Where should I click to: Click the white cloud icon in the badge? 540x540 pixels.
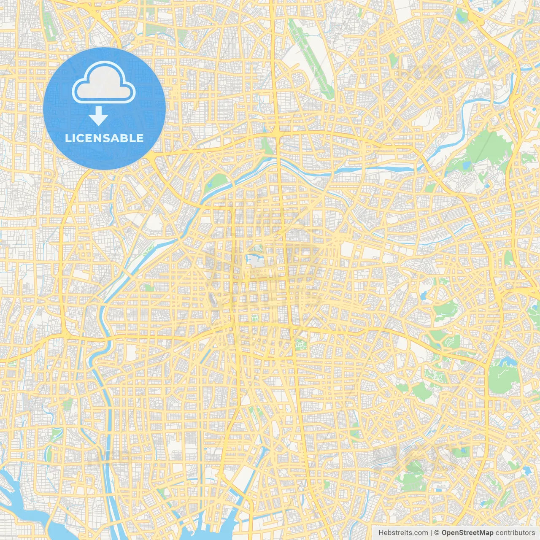104,83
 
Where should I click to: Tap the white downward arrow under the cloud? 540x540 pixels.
98,116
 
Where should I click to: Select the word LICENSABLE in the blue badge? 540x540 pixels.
104,138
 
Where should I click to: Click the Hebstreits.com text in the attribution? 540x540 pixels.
403,533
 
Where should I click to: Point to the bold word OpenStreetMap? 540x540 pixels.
467,533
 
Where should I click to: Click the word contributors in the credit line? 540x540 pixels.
515,533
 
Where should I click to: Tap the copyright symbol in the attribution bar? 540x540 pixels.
437,533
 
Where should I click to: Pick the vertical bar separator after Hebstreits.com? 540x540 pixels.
431,533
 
